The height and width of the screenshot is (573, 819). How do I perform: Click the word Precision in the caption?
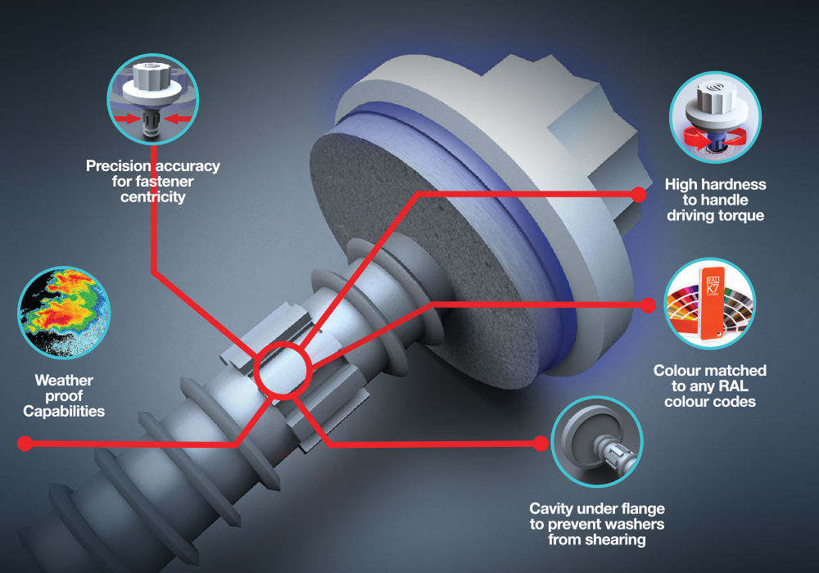click(x=119, y=166)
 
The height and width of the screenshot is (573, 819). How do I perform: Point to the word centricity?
click(x=153, y=196)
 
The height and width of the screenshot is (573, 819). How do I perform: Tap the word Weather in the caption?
click(x=64, y=380)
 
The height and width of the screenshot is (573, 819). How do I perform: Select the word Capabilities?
click(x=64, y=411)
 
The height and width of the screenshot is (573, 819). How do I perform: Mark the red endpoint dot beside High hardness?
click(x=638, y=195)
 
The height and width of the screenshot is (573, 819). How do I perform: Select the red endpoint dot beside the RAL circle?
click(x=648, y=305)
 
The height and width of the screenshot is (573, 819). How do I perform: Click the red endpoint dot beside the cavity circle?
click(x=541, y=444)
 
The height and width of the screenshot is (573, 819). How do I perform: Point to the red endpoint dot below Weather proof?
click(x=25, y=444)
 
